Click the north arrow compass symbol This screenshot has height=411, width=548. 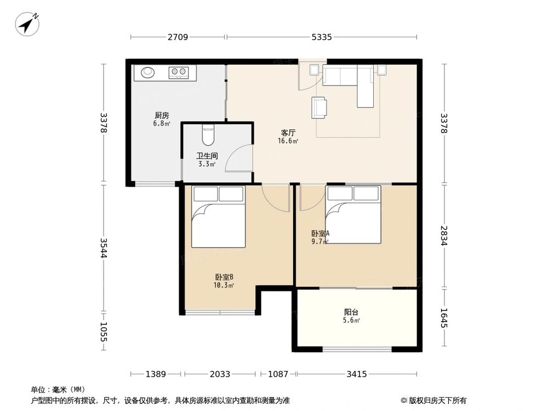27,23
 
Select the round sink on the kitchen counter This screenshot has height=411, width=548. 147,72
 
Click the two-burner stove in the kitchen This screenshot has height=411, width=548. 179,72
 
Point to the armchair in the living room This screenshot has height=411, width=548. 319,107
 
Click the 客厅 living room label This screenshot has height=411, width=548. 288,133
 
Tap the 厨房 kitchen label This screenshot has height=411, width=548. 162,115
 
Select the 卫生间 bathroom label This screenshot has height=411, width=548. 207,156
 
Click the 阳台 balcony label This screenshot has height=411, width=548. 351,312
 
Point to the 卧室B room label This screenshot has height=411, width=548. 224,277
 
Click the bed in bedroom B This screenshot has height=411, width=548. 219,216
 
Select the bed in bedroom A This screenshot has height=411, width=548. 353,214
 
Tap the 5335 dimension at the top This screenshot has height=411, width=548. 322,37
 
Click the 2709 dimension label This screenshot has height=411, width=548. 178,37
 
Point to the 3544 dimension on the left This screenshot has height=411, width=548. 104,248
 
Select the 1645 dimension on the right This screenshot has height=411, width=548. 444,318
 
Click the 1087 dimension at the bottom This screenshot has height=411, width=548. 278,374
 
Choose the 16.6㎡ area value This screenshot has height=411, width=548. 288,141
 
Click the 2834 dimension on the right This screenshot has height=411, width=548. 444,236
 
